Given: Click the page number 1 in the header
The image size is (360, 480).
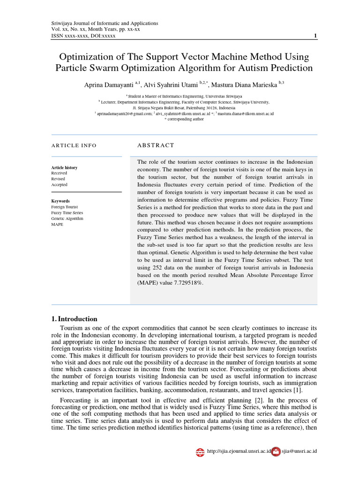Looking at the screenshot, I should (315, 36).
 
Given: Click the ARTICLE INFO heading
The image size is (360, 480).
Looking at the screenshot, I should (74, 145).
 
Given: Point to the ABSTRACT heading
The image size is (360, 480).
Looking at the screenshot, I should (156, 145).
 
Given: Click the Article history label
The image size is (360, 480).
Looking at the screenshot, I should (64, 167).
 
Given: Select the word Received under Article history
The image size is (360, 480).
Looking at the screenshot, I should (59, 173).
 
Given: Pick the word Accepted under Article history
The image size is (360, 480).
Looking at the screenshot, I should (60, 185).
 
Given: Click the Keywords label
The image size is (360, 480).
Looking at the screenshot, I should (60, 201).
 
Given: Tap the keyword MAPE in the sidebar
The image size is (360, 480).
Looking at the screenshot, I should (57, 225).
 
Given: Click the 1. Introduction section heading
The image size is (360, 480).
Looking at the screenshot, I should (74, 319).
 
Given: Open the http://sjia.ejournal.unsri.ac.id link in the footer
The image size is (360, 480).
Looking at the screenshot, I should (239, 451).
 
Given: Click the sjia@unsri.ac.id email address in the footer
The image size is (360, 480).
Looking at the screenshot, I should (299, 451).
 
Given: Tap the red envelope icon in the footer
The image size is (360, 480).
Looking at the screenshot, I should (276, 451).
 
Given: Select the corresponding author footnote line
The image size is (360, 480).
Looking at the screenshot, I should (184, 119).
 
